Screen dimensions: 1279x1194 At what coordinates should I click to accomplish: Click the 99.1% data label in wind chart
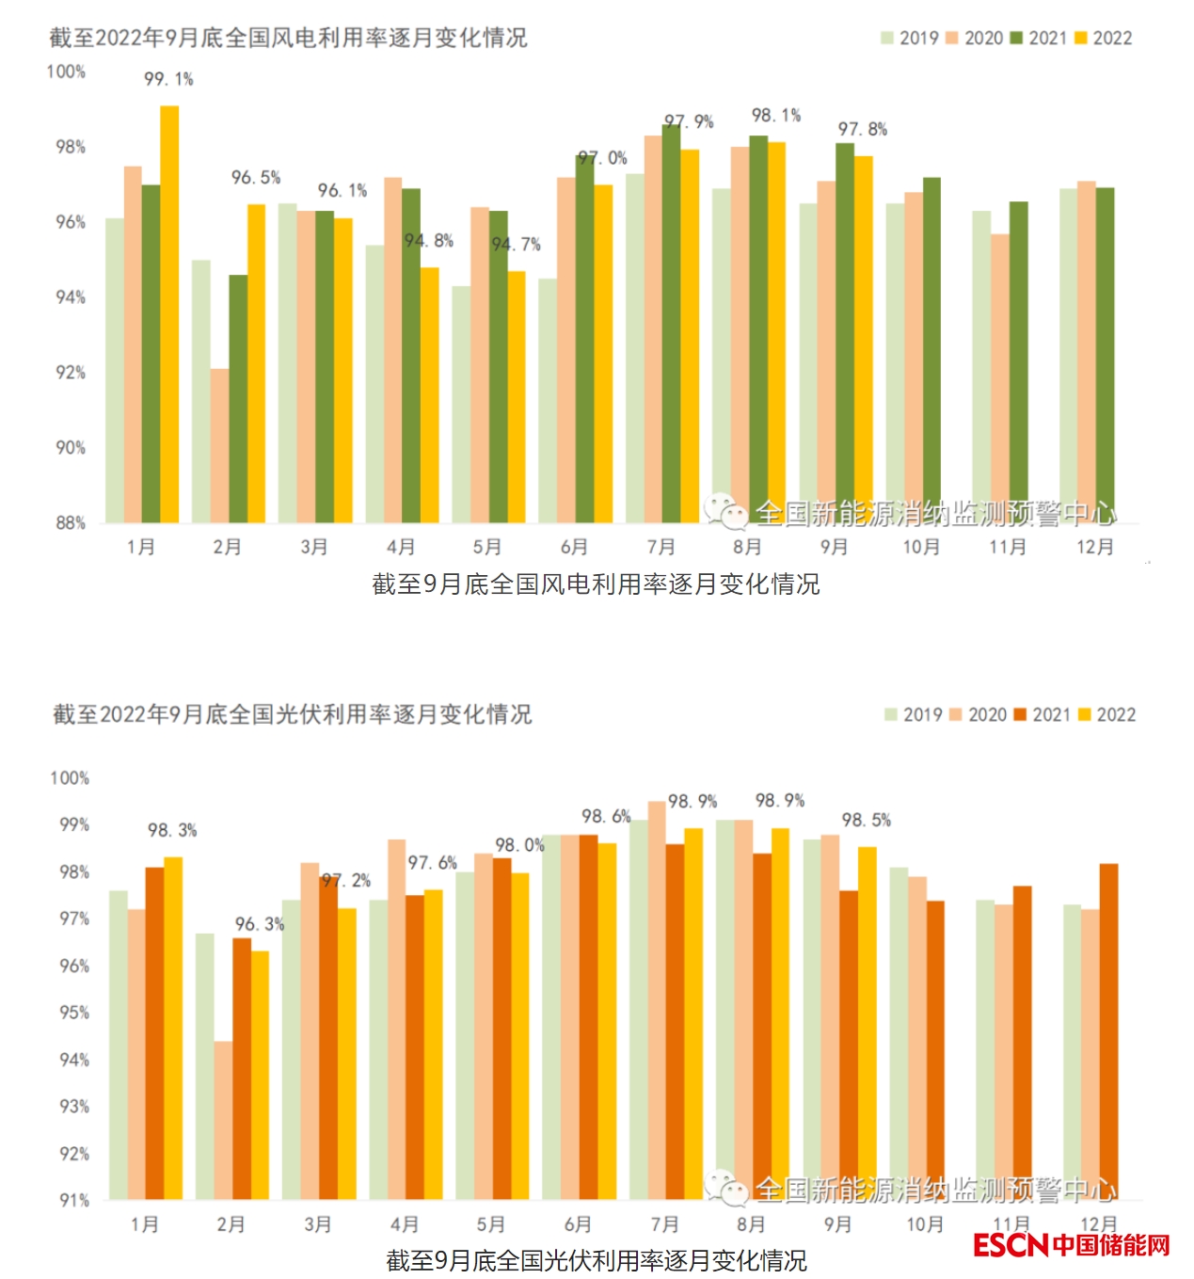pos(168,80)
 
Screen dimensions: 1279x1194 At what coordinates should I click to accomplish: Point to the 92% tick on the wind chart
pos(71,373)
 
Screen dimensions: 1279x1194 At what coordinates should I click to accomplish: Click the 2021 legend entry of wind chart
pos(1039,39)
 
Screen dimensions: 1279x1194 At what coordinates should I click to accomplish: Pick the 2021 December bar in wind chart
pos(1105,355)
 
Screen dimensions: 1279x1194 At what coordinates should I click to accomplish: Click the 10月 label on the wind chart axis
pos(921,547)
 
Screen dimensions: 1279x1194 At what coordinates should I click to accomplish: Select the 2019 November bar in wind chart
pos(981,366)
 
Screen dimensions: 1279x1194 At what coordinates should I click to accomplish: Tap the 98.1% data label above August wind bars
pos(776,116)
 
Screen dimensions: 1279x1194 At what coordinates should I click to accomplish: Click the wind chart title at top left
pos(288,38)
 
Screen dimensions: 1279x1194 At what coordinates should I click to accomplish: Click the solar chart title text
pos(292,714)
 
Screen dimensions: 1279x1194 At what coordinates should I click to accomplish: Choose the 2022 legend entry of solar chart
pos(1106,715)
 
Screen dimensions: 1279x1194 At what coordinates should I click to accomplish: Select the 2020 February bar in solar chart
pos(223,1120)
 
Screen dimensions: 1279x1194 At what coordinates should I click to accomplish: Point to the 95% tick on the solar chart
pos(74,1013)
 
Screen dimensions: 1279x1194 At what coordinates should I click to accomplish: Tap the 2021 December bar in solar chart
pos(1108,1031)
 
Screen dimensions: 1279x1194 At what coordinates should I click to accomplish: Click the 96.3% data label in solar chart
pos(260,924)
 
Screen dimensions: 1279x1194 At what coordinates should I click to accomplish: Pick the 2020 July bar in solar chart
pos(657,999)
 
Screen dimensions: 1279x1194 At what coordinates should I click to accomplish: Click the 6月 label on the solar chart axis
pos(578,1224)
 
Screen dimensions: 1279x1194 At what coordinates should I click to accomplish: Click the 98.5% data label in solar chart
pos(867,821)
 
